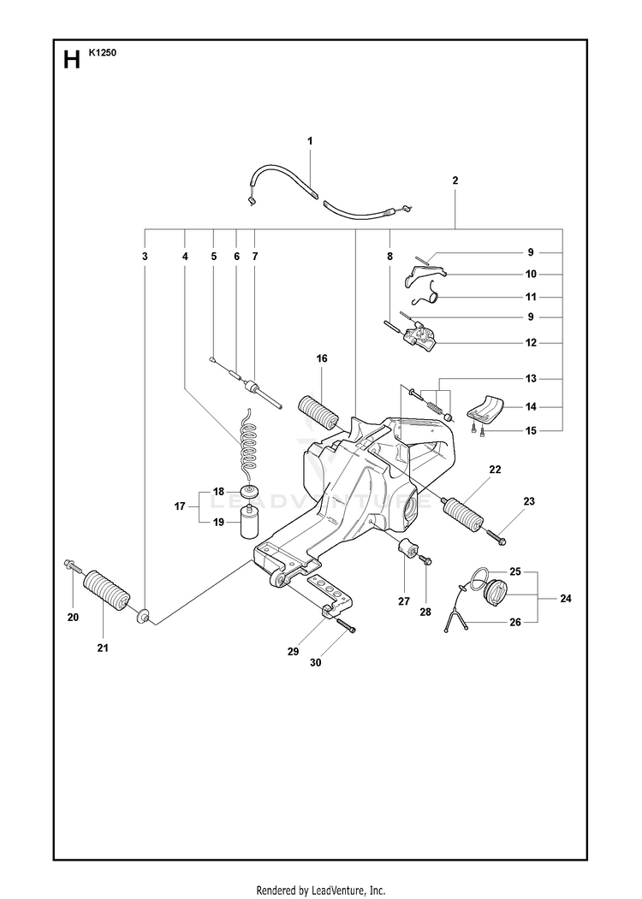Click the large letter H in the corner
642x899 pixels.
[x=72, y=59]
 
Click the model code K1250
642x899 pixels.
[x=102, y=53]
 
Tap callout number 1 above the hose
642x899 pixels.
[x=310, y=141]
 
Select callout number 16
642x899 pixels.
[x=322, y=358]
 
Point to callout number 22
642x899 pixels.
[x=495, y=470]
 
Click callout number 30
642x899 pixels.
[x=316, y=662]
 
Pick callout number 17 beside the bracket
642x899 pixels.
[x=180, y=506]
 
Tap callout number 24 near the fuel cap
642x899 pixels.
[x=566, y=599]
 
